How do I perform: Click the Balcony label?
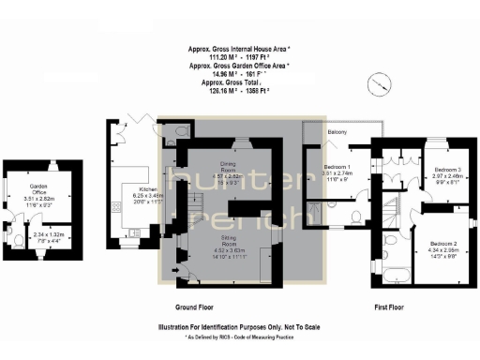coord(338,132)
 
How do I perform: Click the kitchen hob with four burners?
coord(117,205)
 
